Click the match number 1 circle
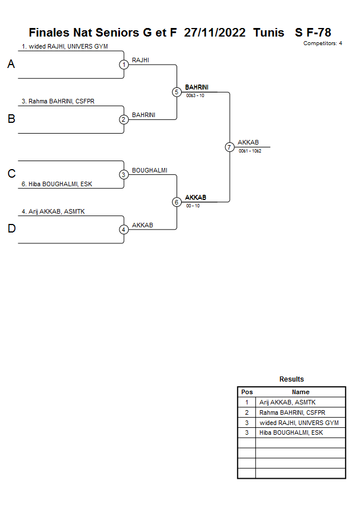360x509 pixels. pos(123,65)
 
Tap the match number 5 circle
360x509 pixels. pos(176,92)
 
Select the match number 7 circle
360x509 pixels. pos(229,147)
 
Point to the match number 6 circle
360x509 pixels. pos(176,202)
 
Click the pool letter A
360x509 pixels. pos(11,65)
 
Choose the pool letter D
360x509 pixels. pos(11,229)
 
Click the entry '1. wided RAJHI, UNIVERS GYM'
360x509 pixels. pos(65,46)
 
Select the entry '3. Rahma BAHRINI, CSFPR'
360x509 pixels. pos(58,101)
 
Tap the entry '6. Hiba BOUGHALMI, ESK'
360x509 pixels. pos(57,184)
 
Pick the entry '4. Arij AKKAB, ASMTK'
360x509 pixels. pos(53,211)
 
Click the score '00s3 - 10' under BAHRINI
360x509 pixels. pos(195,95)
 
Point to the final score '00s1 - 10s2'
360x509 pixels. pos(250,151)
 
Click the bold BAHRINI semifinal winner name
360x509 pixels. pos(197,87)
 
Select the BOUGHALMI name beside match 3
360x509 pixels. pos(150,170)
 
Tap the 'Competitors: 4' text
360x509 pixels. pos(323,43)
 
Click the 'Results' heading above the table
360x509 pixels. pos(291,379)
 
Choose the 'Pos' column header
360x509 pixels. pos(247,392)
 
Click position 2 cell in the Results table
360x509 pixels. pos(247,412)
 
